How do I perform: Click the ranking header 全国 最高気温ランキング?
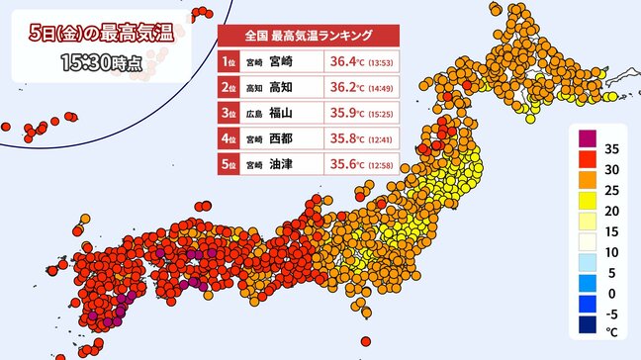point(308,35)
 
